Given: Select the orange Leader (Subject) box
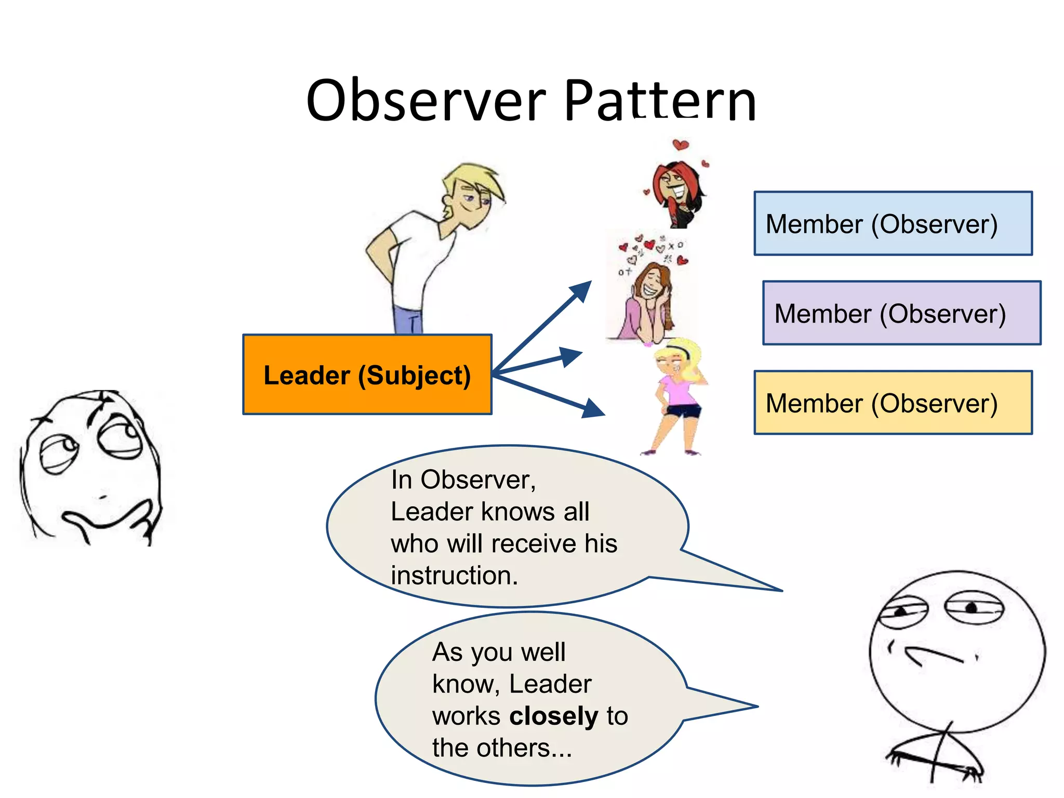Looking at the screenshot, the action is tap(367, 375).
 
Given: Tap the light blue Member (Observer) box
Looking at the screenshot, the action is tap(893, 223).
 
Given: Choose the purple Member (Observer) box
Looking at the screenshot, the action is tap(901, 313).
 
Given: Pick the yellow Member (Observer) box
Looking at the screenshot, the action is tap(893, 403).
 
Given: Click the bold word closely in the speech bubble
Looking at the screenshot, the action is tap(554, 716).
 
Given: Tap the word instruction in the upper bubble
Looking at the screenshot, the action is tap(454, 576).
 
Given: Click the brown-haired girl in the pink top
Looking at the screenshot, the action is tap(647, 301).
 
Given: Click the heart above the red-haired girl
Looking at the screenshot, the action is tap(680, 145).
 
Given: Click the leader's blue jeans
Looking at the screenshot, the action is tap(408, 320).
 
